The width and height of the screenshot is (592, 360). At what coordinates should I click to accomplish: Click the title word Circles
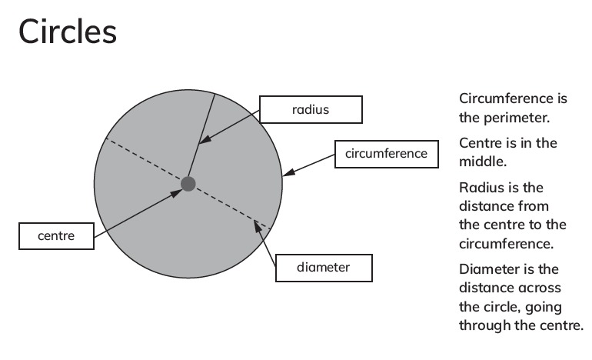coord(68,32)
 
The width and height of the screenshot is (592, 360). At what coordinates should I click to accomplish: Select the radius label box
coord(311,109)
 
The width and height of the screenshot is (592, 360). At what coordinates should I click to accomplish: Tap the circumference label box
coord(387,154)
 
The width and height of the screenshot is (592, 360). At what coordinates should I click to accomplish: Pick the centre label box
coord(56,236)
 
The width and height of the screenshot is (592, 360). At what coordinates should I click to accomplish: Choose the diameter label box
coord(324,268)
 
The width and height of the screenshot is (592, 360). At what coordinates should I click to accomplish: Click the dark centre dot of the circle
coord(188,184)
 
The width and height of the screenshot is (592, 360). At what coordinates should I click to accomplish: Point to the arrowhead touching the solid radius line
coord(204,139)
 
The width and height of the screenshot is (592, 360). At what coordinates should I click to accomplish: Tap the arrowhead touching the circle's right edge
coord(288,172)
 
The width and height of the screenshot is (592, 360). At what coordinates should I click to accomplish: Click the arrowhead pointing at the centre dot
coord(177,193)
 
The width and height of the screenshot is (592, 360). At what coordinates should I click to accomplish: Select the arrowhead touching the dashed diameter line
coord(258,226)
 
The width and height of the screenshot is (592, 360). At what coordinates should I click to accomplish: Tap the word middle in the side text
coord(483,162)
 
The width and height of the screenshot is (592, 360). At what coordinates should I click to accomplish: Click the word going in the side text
coord(544,307)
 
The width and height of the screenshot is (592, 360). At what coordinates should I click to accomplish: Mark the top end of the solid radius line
coord(215,94)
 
